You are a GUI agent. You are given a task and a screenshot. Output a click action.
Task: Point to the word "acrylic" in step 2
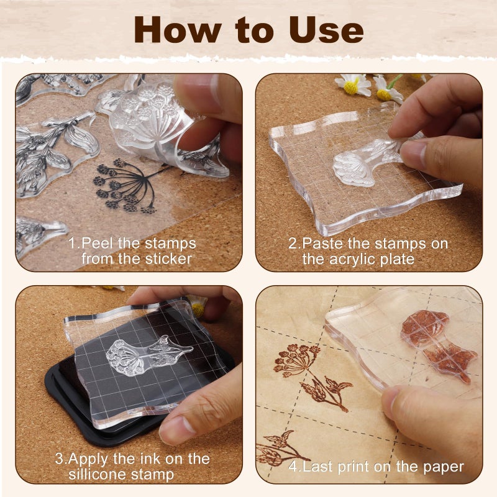tap(359, 259)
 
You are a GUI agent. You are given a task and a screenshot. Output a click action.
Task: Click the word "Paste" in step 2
tap(322, 244)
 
